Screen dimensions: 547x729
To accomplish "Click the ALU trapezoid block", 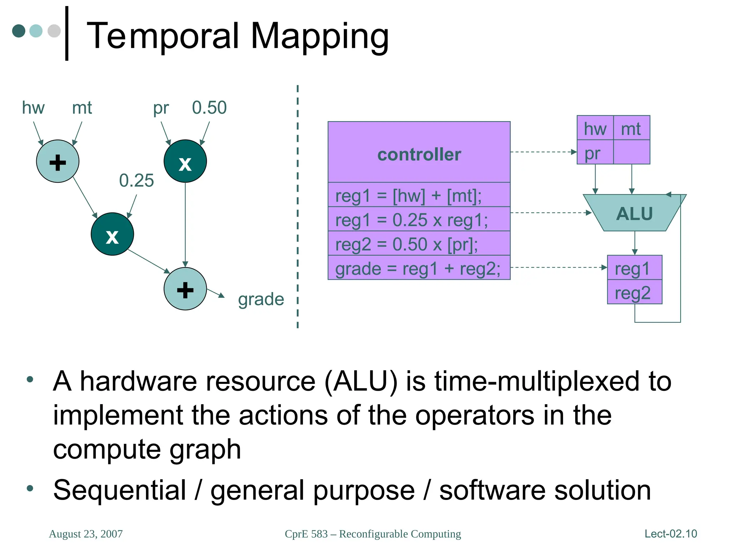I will coord(634,213).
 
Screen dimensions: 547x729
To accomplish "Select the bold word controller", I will coord(419,155).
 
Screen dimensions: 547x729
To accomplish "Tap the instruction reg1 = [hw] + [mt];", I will coord(408,196).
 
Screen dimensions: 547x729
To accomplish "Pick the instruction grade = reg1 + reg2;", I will coord(418,269).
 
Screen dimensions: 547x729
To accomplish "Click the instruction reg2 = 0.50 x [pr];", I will coord(407,244).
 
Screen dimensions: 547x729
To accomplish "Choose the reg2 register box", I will coord(634,293).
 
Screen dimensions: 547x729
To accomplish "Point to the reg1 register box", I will coord(634,268).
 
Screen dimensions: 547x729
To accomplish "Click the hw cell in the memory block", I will coord(595,129).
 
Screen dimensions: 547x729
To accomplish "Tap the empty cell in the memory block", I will coord(632,152).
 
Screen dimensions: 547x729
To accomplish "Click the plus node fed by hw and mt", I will coord(58,162).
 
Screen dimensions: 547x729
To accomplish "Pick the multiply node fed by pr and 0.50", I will coord(185,162).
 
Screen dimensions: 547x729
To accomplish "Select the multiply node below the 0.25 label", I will coord(112,234).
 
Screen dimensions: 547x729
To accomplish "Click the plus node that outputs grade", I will coord(185,289).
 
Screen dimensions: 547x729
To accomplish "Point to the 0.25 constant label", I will coord(136,181).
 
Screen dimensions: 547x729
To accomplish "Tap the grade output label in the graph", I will coord(261,299).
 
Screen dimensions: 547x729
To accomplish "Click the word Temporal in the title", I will coord(162,36).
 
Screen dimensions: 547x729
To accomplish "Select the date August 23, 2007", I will coord(86,534).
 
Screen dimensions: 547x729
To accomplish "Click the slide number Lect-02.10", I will coord(671,533).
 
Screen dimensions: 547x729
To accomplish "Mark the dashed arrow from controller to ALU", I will coord(550,213).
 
